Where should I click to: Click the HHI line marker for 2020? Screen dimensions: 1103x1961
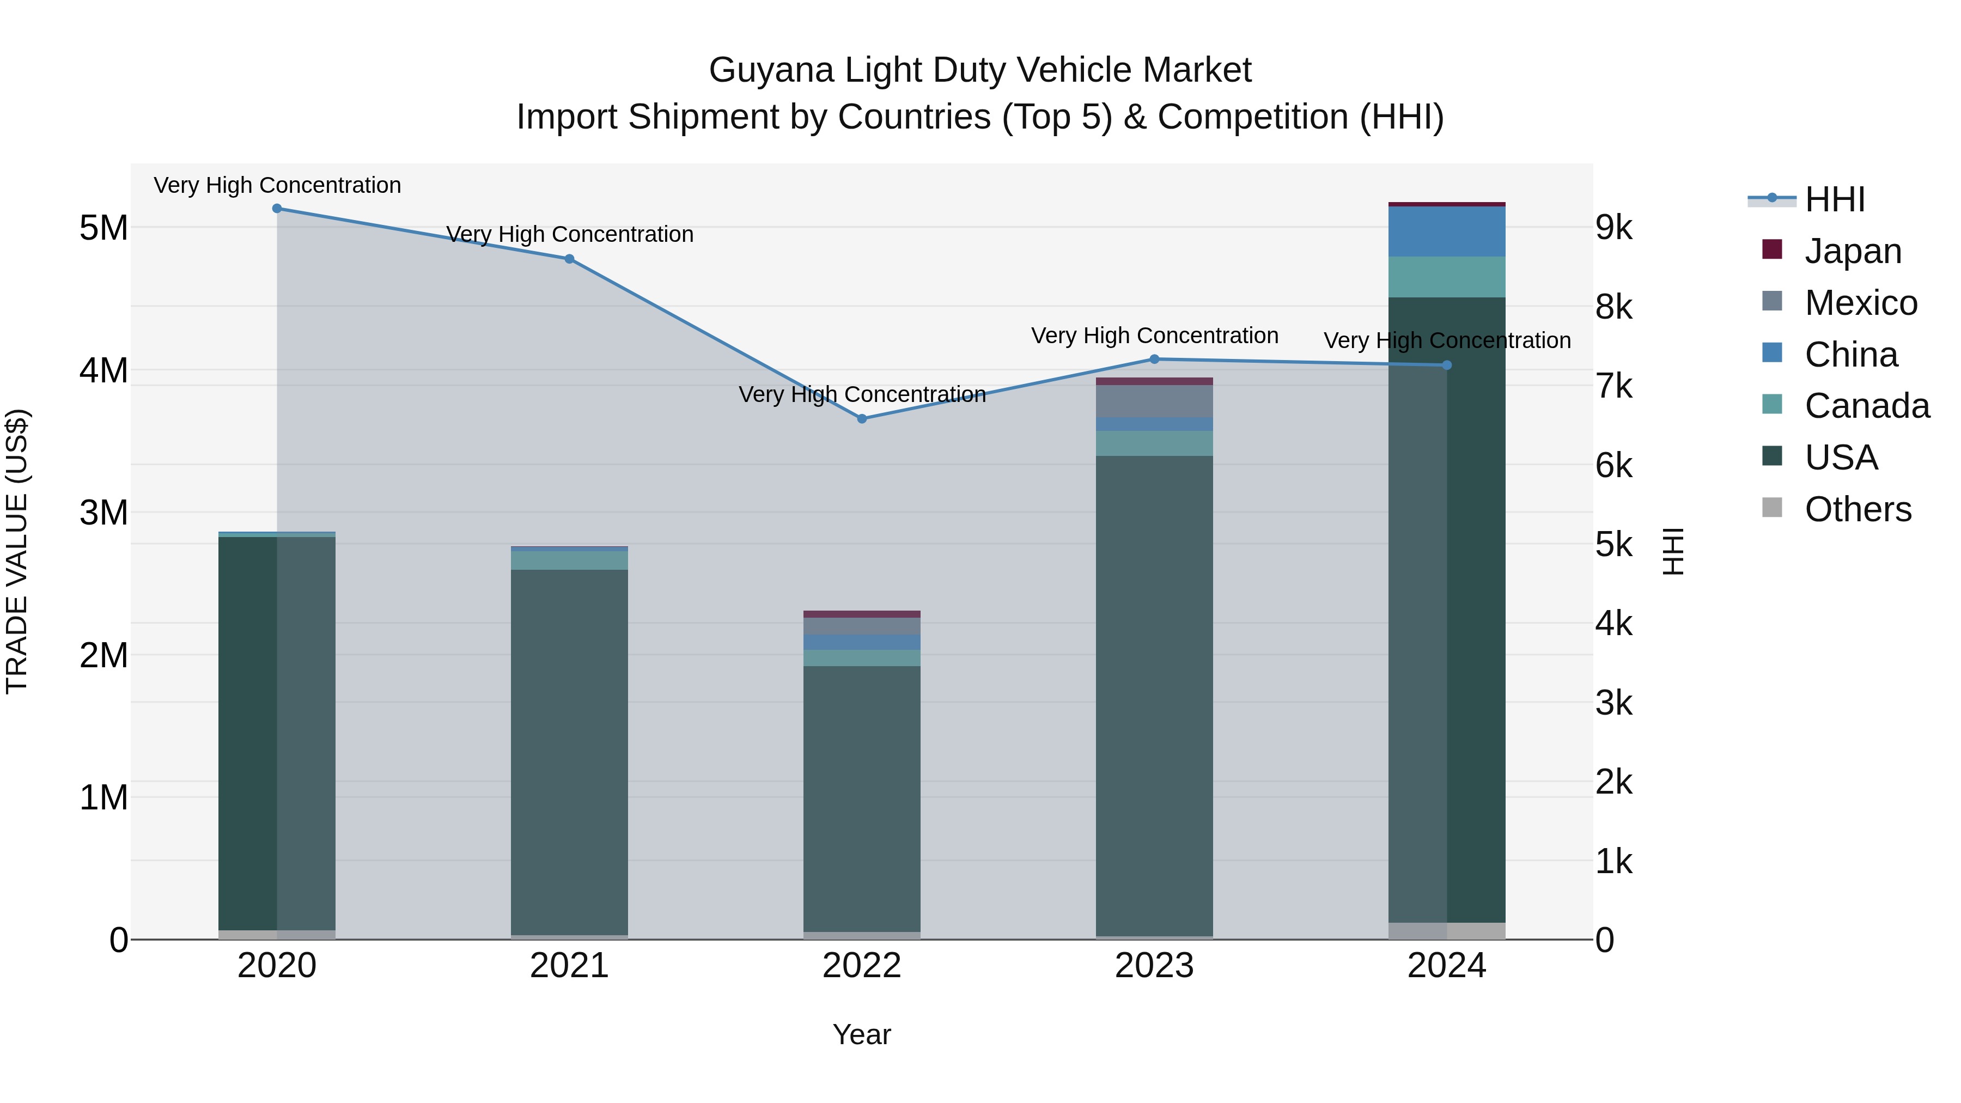point(277,209)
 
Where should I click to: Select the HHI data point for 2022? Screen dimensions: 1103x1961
point(862,419)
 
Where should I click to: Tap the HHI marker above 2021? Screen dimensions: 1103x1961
point(569,259)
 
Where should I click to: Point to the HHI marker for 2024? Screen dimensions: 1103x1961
point(1447,365)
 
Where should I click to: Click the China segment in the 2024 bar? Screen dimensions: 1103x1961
point(1447,231)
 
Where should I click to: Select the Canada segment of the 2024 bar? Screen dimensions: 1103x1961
point(1447,277)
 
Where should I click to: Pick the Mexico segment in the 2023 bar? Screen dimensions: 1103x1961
point(1154,401)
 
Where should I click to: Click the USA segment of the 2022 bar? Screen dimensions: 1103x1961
point(862,799)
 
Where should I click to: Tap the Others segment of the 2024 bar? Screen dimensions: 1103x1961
point(1447,931)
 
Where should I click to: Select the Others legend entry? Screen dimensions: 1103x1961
point(1857,509)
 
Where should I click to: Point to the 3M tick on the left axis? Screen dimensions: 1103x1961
point(103,513)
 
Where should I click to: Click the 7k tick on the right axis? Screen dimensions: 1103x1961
point(1615,387)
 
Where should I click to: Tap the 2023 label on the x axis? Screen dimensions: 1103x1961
point(1154,966)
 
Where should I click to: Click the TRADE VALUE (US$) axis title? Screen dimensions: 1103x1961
point(17,551)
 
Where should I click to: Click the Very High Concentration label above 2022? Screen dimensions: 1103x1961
point(862,394)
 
